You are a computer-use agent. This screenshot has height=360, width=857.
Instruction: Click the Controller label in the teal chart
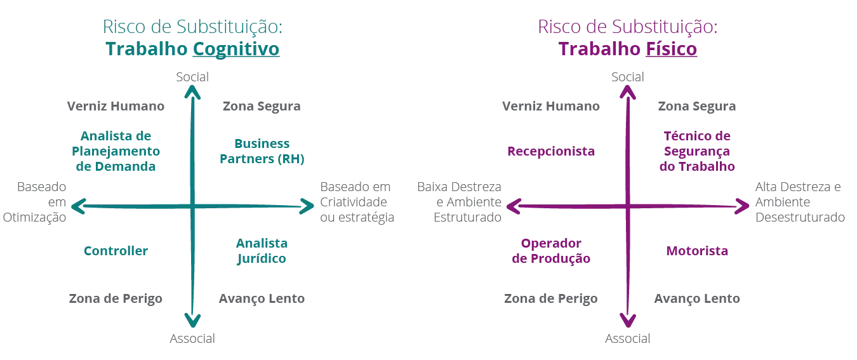[x=116, y=251]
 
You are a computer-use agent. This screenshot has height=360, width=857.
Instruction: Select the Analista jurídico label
[x=262, y=251]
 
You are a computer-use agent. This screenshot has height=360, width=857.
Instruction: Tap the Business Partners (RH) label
[x=262, y=152]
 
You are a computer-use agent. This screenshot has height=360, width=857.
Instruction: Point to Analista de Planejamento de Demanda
[x=116, y=152]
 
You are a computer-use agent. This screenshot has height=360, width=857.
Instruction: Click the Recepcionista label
[x=552, y=152]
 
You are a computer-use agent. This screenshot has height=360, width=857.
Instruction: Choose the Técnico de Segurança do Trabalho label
[x=698, y=152]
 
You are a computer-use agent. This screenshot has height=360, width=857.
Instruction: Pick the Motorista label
[x=697, y=251]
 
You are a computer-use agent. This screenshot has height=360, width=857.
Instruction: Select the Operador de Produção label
[x=551, y=251]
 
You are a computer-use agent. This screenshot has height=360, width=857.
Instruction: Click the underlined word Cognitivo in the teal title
[x=236, y=50]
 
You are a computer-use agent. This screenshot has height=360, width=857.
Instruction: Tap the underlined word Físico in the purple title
[x=671, y=50]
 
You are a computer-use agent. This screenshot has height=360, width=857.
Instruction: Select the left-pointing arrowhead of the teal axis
[x=79, y=206]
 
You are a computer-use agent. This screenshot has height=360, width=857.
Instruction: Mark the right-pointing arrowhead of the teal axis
[x=307, y=206]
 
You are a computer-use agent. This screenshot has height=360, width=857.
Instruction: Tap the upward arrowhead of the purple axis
[x=627, y=93]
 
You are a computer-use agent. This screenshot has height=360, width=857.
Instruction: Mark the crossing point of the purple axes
[x=627, y=206]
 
